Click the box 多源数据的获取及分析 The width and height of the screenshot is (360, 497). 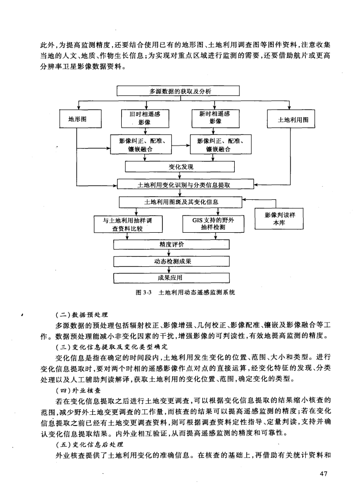pyautogui.click(x=178, y=91)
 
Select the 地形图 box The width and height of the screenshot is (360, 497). pyautogui.click(x=81, y=119)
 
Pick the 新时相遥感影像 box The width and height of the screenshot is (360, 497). pyautogui.click(x=215, y=118)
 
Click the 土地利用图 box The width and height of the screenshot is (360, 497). pyautogui.click(x=291, y=119)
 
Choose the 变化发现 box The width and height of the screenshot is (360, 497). pyautogui.click(x=179, y=167)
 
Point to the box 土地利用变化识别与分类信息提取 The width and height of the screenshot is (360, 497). pyautogui.click(x=186, y=184)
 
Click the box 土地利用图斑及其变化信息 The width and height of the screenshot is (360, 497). pyautogui.click(x=181, y=202)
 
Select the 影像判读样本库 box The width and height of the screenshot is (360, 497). pyautogui.click(x=279, y=219)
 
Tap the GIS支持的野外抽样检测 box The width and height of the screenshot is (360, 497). pyautogui.click(x=213, y=224)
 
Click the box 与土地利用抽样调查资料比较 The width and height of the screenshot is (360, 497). pyautogui.click(x=128, y=224)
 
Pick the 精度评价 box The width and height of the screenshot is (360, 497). pyautogui.click(x=171, y=244)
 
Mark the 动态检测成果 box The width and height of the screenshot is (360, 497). pyautogui.click(x=171, y=261)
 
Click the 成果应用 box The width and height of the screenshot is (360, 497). pyautogui.click(x=171, y=278)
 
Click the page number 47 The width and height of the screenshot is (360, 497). pyautogui.click(x=323, y=474)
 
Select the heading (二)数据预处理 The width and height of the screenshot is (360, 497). pyautogui.click(x=82, y=315)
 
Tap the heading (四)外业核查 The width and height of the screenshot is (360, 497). pyautogui.click(x=78, y=390)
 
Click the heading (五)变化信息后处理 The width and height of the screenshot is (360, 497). pyautogui.click(x=89, y=444)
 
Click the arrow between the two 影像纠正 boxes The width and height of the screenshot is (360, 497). pyautogui.click(x=181, y=146)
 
